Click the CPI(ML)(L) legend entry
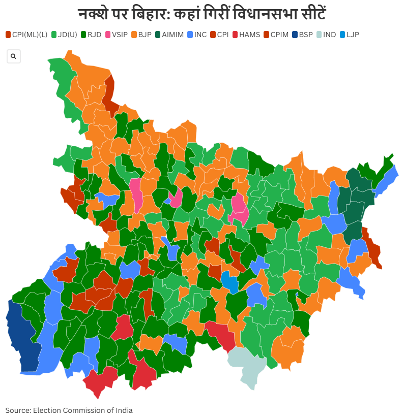pyautogui.click(x=26, y=35)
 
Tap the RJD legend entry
pyautogui.click(x=91, y=35)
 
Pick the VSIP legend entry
pyautogui.click(x=117, y=35)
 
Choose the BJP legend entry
pyautogui.click(x=141, y=35)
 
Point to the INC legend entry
pyautogui.click(x=197, y=35)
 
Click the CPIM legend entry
pyautogui.click(x=276, y=35)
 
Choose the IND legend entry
pyautogui.click(x=326, y=35)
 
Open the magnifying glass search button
pyautogui.click(x=13, y=56)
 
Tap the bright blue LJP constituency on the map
pyautogui.click(x=229, y=281)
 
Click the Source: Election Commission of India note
pyautogui.click(x=69, y=410)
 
